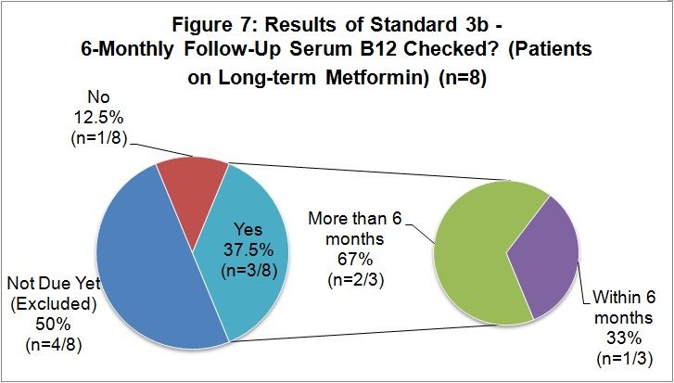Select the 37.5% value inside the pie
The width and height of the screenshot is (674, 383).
[248, 249]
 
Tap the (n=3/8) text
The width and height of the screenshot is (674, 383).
[248, 270]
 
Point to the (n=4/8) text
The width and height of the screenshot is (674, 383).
[54, 344]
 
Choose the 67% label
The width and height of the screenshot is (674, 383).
[355, 260]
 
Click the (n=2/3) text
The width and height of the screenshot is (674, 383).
[355, 280]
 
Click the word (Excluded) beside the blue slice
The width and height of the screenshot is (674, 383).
[54, 304]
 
